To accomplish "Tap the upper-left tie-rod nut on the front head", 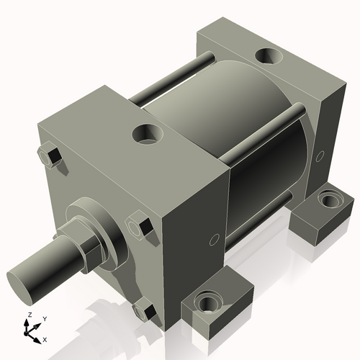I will (49, 156).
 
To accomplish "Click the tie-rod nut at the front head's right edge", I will (138, 225).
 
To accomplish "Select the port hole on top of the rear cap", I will (272, 55).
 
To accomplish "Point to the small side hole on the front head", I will (213, 239).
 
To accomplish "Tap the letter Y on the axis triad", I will (44, 318).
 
